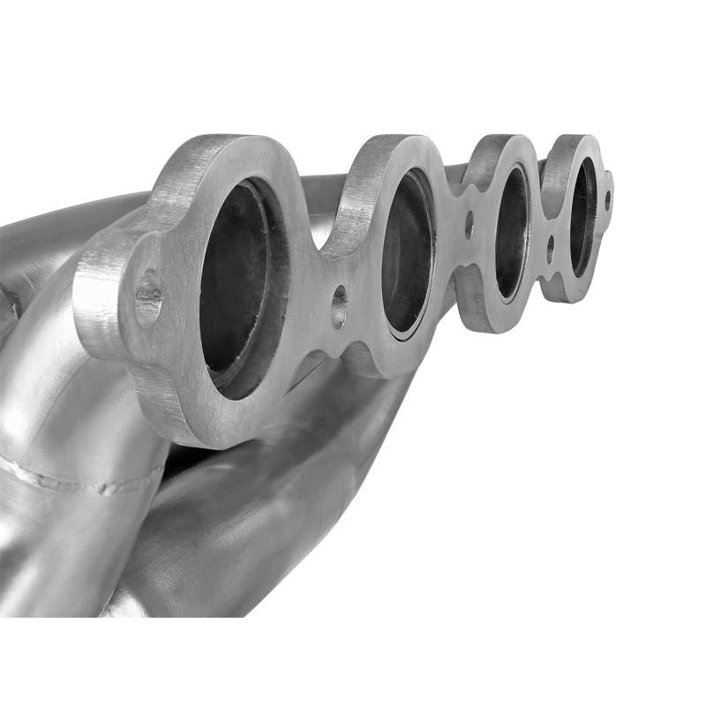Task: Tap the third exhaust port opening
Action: pos(511,231)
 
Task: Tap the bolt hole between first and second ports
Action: pos(339,306)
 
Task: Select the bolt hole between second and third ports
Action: pos(469,224)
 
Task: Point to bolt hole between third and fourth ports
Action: pos(550,248)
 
